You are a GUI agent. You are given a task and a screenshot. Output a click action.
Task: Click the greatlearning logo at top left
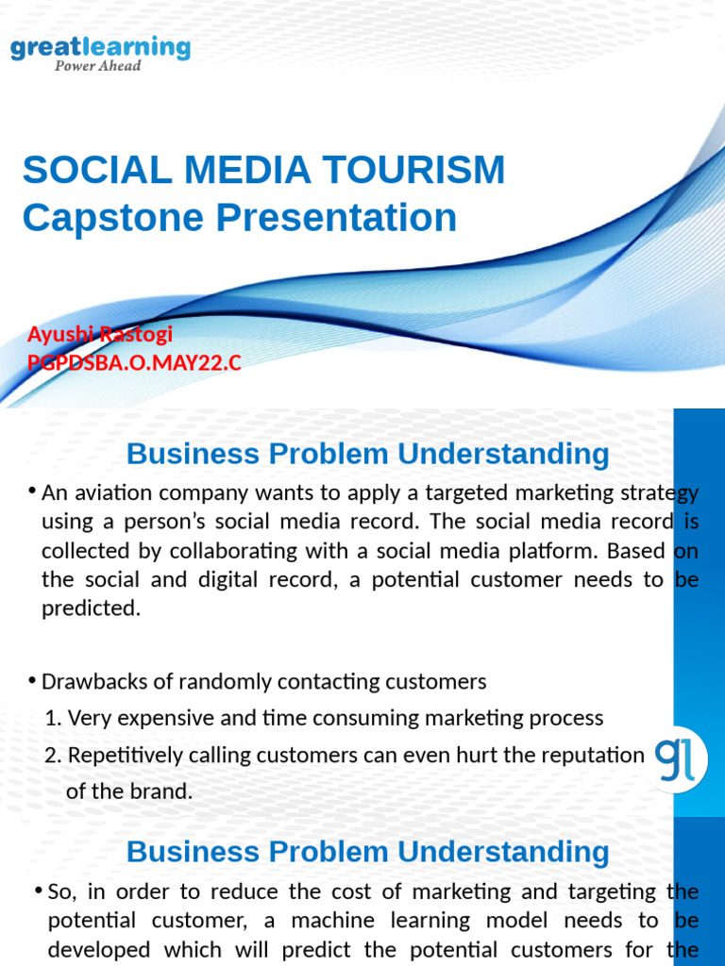(100, 47)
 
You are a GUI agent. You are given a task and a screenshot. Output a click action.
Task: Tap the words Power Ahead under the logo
(98, 66)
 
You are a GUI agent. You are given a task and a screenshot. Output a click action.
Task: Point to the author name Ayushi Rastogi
(100, 334)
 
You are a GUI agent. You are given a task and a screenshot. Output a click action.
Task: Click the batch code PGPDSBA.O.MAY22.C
(135, 363)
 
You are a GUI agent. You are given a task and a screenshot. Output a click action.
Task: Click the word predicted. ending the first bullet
(91, 608)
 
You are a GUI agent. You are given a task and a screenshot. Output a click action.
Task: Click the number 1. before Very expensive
(53, 718)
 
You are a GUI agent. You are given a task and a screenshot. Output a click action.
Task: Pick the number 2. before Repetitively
(54, 755)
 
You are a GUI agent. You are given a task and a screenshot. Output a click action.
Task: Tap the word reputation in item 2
(587, 755)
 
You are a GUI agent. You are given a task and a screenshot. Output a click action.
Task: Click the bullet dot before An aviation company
(33, 491)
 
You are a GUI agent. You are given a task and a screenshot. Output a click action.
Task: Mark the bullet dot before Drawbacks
(33, 679)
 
